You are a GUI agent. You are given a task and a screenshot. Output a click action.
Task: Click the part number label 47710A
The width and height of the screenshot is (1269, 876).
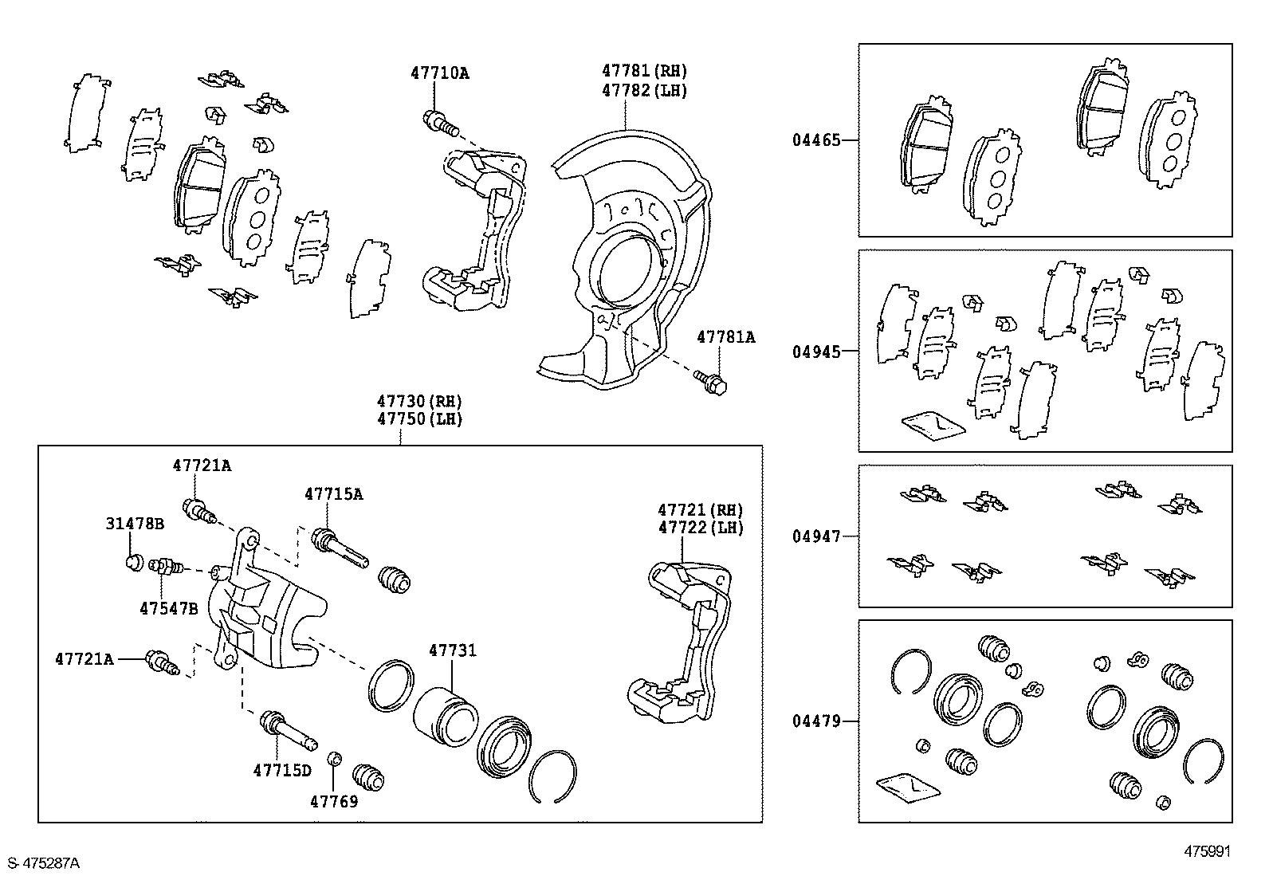[x=440, y=73]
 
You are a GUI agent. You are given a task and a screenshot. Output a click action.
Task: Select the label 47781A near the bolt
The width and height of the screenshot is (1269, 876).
[x=725, y=337]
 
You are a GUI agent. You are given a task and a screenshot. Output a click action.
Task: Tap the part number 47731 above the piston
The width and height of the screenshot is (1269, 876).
[x=452, y=650]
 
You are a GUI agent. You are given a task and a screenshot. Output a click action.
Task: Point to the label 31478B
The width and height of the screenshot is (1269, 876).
[x=135, y=524]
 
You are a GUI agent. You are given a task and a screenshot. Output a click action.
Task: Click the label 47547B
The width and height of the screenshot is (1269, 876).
[x=168, y=608]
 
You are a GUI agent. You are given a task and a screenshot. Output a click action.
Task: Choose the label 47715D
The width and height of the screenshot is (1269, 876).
[x=282, y=770]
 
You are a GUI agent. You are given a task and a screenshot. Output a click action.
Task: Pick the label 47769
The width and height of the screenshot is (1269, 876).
[x=334, y=801]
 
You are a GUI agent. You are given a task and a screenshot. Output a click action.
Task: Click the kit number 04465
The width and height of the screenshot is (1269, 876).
[x=816, y=140]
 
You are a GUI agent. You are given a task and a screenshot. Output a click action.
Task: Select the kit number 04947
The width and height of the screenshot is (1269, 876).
[x=816, y=536]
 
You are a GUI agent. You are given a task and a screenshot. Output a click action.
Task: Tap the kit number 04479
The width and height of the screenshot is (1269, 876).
[x=816, y=721]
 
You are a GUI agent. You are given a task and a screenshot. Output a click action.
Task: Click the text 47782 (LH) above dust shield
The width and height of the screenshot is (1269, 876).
[x=644, y=90]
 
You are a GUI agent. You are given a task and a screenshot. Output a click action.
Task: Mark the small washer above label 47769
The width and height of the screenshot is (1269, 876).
[x=336, y=758]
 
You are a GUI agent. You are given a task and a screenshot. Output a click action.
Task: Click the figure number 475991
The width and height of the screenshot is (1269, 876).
[x=1208, y=851]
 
